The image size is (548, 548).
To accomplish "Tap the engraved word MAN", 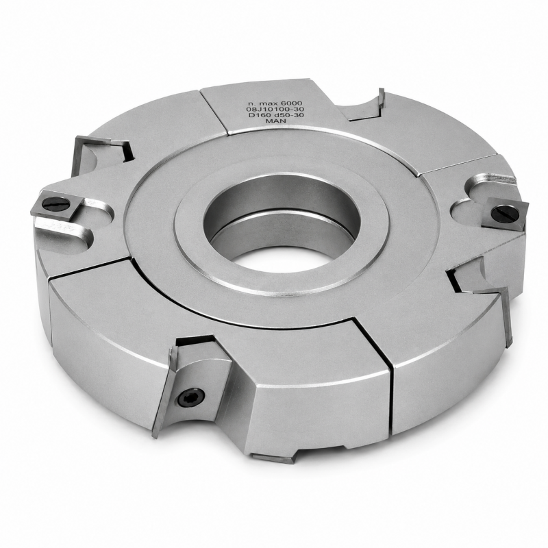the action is (276, 121).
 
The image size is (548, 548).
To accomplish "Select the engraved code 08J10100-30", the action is (275, 109).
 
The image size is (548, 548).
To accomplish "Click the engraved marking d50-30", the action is (289, 114).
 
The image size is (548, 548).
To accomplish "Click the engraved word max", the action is (270, 103).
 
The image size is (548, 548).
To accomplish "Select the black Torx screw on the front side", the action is (191, 397).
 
